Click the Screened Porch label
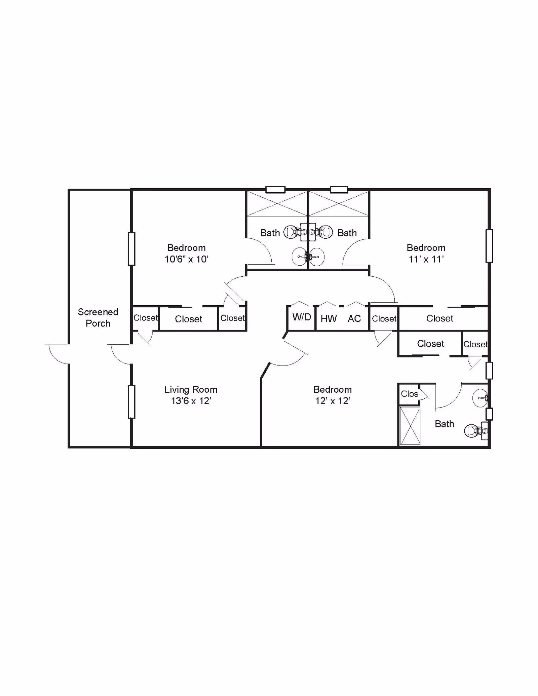click(x=98, y=317)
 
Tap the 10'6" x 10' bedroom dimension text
click(x=186, y=259)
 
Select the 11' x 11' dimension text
click(x=426, y=259)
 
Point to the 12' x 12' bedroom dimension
click(x=333, y=401)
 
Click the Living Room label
click(x=191, y=389)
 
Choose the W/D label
click(x=302, y=317)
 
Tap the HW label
click(x=329, y=318)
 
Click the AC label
click(x=354, y=318)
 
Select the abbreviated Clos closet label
click(x=409, y=394)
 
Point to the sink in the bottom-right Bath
click(x=480, y=398)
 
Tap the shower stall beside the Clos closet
click(x=410, y=426)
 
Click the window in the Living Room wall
click(x=131, y=402)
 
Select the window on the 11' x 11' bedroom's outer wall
click(x=489, y=246)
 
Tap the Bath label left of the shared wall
click(x=270, y=233)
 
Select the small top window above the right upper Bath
click(x=339, y=190)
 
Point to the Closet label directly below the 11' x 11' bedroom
click(x=439, y=318)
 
